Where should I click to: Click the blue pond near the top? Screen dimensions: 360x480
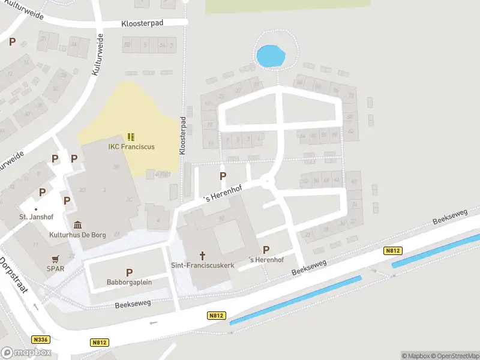coord(270,57)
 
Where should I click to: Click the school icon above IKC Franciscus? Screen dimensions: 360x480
coord(131,137)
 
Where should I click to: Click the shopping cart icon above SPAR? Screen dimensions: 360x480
coord(56,259)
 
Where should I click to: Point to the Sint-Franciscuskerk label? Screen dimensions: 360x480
coord(202,265)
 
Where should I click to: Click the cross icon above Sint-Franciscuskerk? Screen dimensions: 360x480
coord(203,254)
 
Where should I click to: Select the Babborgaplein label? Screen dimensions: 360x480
coord(129,282)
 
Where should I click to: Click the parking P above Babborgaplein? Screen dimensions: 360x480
coord(129,273)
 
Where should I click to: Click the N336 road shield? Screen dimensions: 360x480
coord(41,340)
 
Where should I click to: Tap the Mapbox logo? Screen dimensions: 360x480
coord(25,353)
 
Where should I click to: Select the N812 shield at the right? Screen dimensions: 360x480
coord(393,251)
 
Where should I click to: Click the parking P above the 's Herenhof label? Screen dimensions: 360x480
coord(266,250)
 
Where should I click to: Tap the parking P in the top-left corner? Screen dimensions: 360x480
coord(12,41)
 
